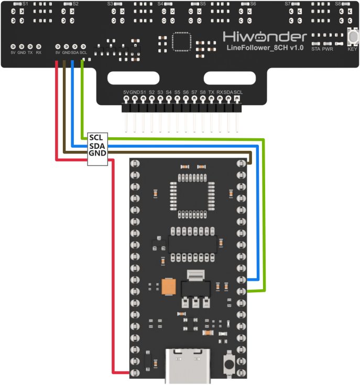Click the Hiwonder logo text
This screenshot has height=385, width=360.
point(265,37)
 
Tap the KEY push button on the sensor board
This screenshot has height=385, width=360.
point(353,37)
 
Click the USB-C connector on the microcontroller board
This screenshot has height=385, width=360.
point(188,366)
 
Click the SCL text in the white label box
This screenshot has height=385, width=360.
point(96,137)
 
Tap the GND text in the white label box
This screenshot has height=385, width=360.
point(97,153)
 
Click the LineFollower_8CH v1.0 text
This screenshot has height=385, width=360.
point(265,48)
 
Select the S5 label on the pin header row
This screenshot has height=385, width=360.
point(177,92)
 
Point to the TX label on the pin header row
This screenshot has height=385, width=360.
point(211,92)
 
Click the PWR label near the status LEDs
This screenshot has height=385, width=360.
point(328,49)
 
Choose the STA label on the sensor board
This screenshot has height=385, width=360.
point(315,49)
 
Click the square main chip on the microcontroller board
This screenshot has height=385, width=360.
point(192,196)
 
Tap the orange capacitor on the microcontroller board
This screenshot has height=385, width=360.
point(169,287)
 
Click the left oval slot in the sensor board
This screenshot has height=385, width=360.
point(133,78)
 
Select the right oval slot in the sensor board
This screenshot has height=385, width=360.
point(230,78)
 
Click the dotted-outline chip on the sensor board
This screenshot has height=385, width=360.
point(181,42)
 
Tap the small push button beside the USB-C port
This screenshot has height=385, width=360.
point(229,364)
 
